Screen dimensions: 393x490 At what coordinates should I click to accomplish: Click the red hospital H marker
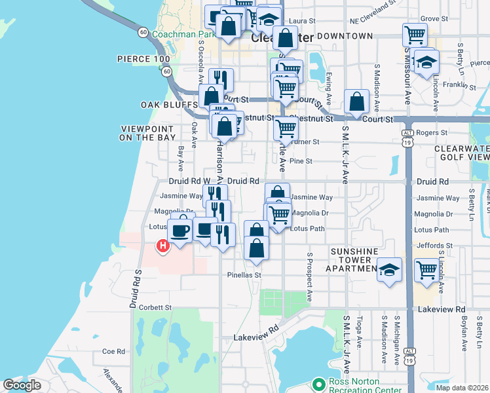click(x=162, y=246)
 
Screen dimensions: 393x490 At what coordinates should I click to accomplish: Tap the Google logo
click(x=22, y=385)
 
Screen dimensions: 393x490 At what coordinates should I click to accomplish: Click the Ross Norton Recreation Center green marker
click(x=319, y=383)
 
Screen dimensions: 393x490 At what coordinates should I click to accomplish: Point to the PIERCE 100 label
click(x=143, y=59)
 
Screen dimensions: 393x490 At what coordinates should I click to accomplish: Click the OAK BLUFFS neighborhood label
click(x=169, y=105)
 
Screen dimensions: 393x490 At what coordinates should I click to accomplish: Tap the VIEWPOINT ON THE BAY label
click(x=147, y=133)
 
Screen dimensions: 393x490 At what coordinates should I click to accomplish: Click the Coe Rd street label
click(x=113, y=352)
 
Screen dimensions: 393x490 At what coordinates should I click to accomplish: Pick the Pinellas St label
click(x=244, y=275)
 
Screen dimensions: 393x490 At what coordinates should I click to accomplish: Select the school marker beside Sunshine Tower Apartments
click(x=389, y=270)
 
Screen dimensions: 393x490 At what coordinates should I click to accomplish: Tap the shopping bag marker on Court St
click(x=356, y=102)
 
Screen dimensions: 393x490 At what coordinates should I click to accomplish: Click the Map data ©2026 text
click(x=462, y=388)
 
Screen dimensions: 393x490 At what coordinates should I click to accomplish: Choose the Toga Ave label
click(x=359, y=334)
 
